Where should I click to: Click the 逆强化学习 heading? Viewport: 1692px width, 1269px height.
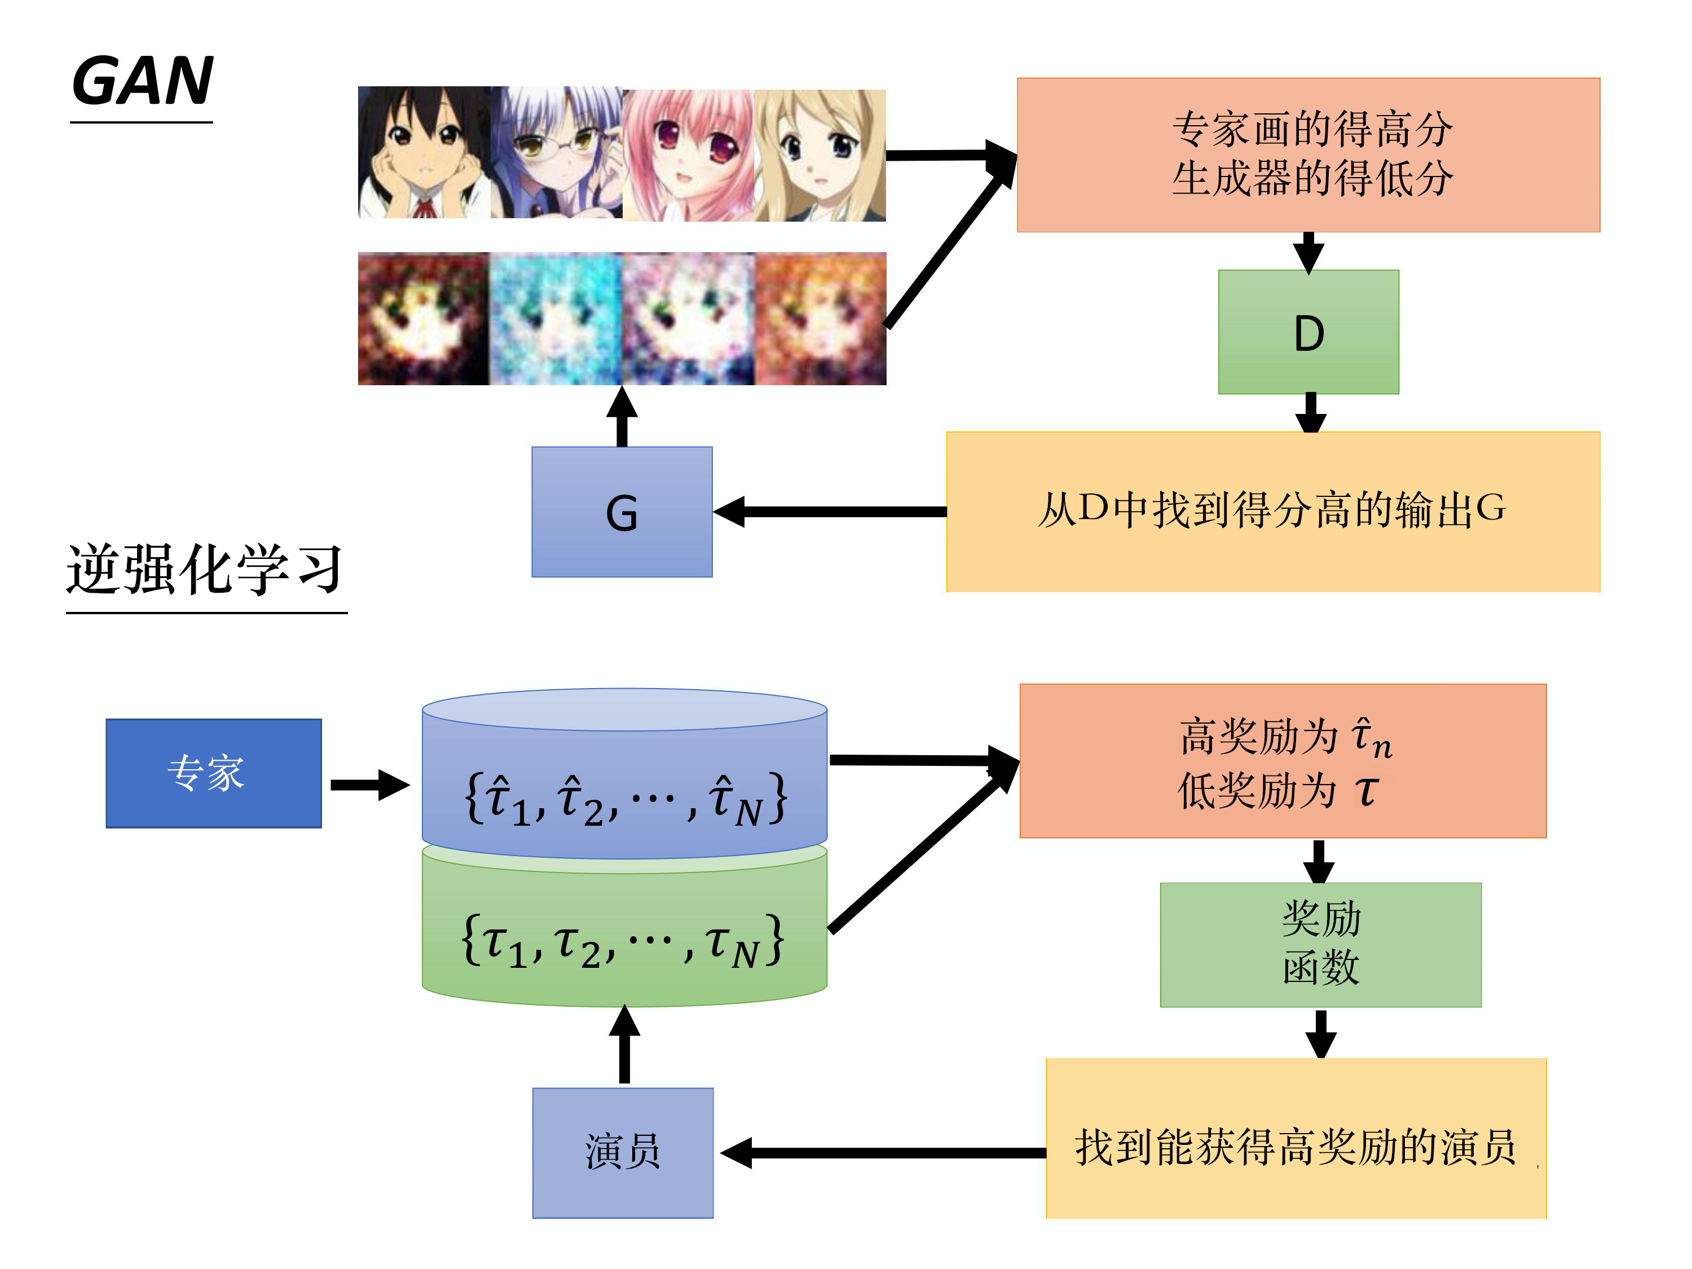(x=205, y=569)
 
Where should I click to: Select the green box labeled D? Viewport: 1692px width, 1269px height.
(x=1308, y=332)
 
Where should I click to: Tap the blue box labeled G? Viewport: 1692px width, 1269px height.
(x=622, y=512)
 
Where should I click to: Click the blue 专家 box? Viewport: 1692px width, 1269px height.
(x=213, y=773)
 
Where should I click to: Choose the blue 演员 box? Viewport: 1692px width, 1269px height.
(x=623, y=1152)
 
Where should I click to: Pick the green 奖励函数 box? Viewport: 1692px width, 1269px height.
(x=1320, y=945)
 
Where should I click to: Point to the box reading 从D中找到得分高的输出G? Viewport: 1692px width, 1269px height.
(x=1273, y=511)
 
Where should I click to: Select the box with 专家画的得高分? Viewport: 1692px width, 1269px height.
(x=1308, y=155)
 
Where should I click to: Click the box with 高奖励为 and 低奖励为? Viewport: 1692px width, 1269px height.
(x=1283, y=761)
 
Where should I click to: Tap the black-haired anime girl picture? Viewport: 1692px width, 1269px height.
(x=424, y=153)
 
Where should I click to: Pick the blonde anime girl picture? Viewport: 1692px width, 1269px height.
(x=820, y=155)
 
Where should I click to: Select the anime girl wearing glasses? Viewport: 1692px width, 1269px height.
(x=556, y=153)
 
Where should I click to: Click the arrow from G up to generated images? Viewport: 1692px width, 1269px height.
(x=622, y=416)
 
